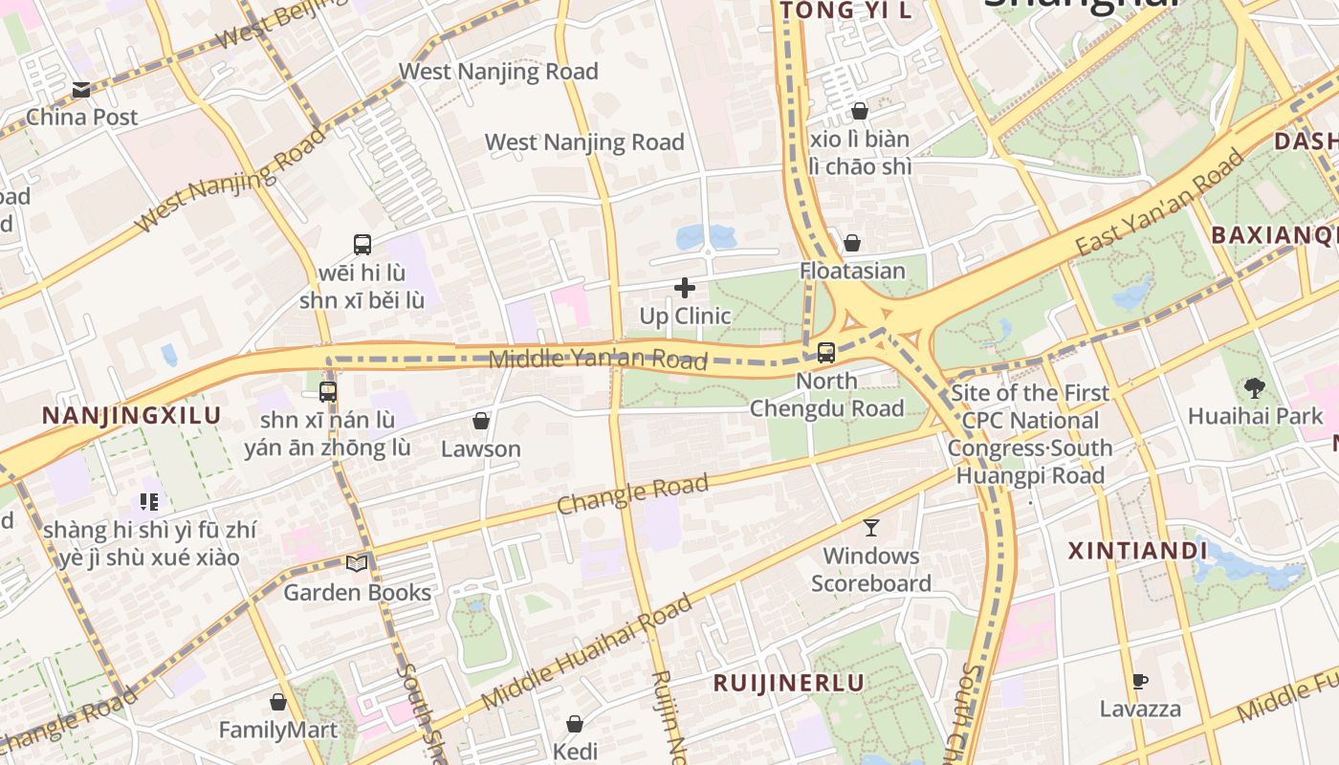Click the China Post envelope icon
point(81,90)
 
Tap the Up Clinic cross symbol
point(685,287)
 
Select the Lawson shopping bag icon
point(481,421)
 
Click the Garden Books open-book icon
point(357,564)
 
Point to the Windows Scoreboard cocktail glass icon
point(871,527)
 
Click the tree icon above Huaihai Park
point(1255,387)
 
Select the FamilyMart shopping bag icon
point(278,702)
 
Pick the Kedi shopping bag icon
point(575,724)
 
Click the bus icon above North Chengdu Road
point(826,352)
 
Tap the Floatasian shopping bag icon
point(852,243)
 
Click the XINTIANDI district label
point(1137,551)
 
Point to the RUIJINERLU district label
point(789,683)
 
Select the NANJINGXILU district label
point(132,416)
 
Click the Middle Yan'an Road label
point(598,360)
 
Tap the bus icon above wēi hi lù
point(362,244)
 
